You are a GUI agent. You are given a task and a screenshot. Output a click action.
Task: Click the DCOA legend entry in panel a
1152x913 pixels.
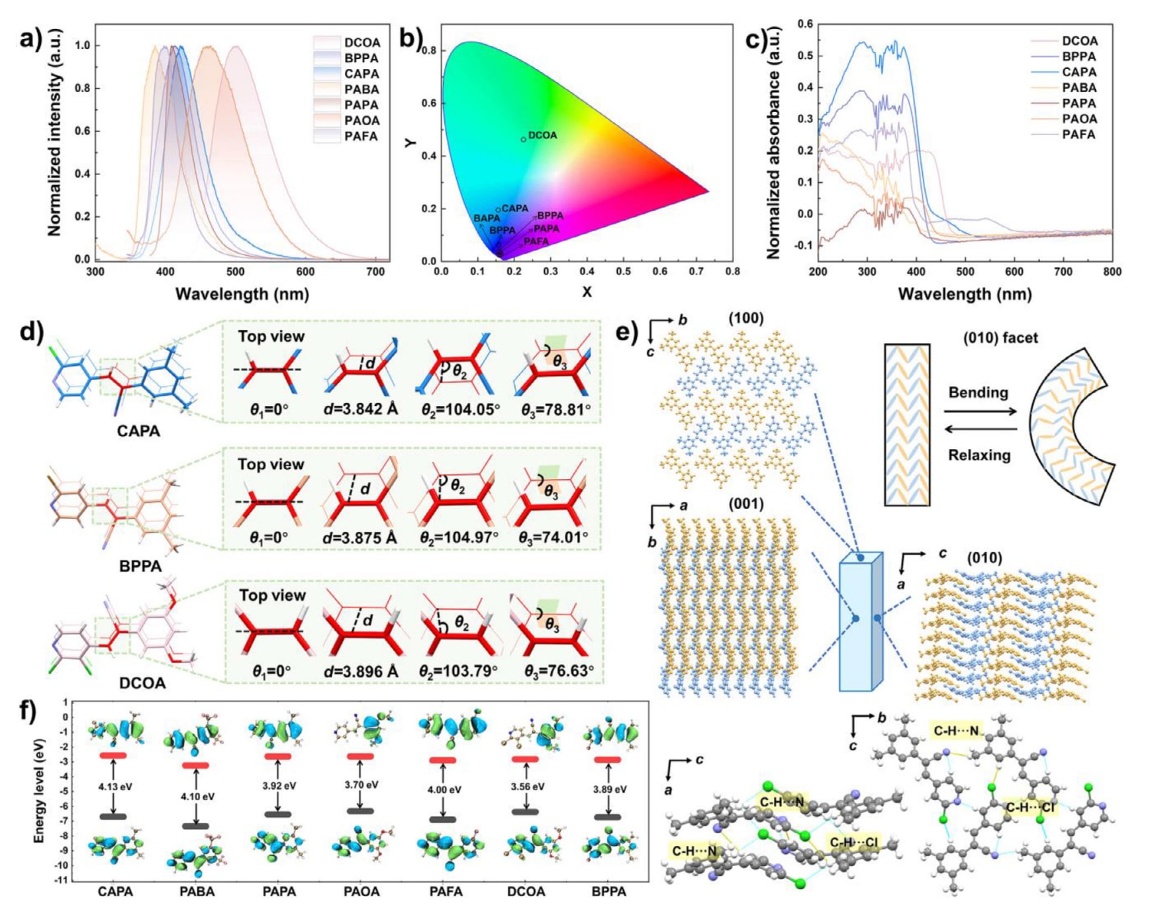coord(361,42)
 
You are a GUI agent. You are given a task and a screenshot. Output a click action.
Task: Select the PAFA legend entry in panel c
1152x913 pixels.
coord(1079,134)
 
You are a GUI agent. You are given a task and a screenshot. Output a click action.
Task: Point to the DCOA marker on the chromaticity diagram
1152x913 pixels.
coord(523,139)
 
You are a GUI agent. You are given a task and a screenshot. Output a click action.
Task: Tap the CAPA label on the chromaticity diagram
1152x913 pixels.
coord(514,208)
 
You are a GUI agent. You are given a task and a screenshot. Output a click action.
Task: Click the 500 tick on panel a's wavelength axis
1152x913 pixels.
coord(235,272)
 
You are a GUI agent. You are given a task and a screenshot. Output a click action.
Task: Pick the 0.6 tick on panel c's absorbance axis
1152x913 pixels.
coord(805,24)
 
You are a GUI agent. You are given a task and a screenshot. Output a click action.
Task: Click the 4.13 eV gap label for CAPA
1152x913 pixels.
coord(115,787)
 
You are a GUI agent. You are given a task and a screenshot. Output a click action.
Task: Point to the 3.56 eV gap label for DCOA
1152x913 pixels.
coord(527,786)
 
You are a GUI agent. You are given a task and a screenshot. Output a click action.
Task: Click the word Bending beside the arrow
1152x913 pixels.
coord(978,392)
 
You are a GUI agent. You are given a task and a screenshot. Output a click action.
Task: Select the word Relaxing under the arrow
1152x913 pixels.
coord(979,455)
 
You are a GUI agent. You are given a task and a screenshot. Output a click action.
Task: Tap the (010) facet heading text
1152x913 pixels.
coord(1000,338)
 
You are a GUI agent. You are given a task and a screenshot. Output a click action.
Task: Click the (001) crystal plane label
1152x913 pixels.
coord(745,504)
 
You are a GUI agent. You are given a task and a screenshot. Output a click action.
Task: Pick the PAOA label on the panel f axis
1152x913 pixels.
coord(361,892)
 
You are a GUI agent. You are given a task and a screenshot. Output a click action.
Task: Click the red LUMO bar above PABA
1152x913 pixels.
coord(196,765)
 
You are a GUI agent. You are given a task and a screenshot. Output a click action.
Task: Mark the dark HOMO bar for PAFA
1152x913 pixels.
coord(443,820)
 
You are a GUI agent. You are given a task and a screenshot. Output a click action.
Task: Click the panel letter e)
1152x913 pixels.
coord(626,331)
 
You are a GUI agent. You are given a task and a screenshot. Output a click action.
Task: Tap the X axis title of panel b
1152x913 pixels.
coord(587,292)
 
